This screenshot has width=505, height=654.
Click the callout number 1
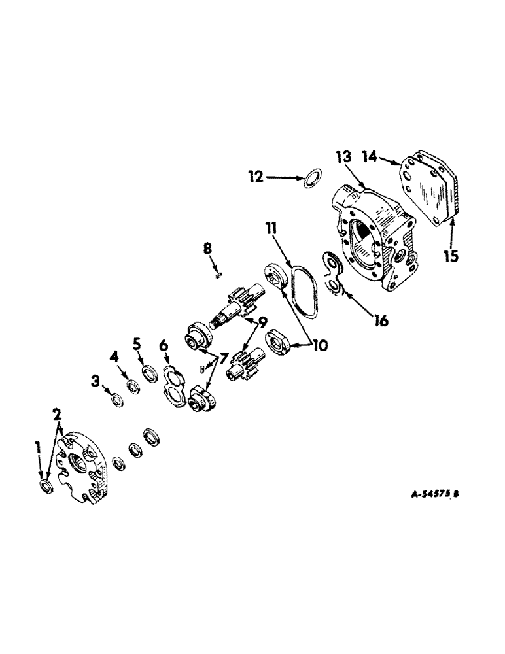click(x=38, y=447)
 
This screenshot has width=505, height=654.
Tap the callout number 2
click(x=58, y=414)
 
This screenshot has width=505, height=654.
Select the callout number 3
click(x=96, y=380)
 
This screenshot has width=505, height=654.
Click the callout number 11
click(x=271, y=228)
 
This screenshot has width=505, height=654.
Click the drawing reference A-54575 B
click(x=435, y=494)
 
